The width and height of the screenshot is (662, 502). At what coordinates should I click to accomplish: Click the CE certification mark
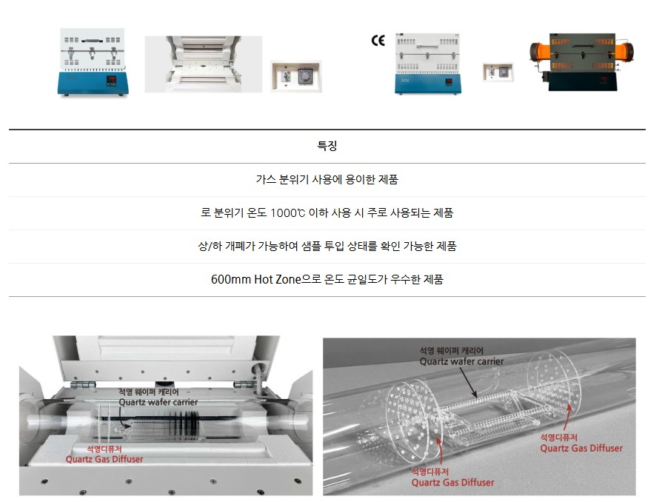[x=378, y=40]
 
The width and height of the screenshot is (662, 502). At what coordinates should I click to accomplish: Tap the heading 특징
[x=327, y=146]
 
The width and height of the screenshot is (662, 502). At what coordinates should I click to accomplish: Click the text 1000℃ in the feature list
[x=287, y=212]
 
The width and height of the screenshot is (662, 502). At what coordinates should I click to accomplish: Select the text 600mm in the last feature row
[x=231, y=279]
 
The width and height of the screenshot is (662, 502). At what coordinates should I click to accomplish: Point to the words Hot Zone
[x=278, y=279]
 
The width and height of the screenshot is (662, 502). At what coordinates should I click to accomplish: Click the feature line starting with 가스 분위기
[x=327, y=179]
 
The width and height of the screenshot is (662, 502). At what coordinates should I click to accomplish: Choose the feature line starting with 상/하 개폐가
[x=327, y=246]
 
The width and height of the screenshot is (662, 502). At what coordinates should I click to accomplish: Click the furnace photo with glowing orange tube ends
[x=582, y=62]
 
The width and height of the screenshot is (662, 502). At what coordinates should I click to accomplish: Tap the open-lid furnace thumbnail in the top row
[x=204, y=64]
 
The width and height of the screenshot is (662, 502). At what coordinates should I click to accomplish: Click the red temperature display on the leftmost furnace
[x=112, y=79]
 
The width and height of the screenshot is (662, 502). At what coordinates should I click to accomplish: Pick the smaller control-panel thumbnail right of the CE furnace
[x=498, y=73]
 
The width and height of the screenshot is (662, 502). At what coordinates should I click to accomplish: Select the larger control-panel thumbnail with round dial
[x=296, y=76]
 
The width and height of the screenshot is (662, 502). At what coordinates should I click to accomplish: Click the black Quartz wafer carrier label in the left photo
[x=158, y=402]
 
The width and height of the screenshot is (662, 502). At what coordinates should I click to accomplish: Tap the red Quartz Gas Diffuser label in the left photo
[x=104, y=459]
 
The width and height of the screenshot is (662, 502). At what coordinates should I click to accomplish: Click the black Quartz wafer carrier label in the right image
[x=461, y=361]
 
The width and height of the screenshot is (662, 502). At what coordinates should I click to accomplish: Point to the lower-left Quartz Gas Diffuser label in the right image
[x=452, y=482]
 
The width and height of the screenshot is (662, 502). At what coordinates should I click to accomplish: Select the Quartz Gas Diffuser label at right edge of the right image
[x=581, y=448]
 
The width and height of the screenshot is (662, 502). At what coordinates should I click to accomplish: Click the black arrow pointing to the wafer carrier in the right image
[x=469, y=383]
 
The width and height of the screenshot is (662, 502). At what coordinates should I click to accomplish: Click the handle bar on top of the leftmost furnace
[x=92, y=41]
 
